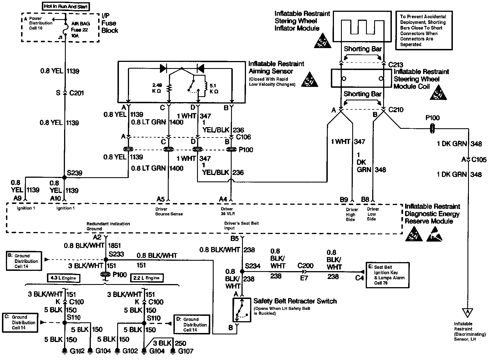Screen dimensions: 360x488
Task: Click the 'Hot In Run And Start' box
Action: coord(66,6)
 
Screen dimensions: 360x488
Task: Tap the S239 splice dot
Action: coord(64,177)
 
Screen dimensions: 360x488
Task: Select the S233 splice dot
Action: coord(106,260)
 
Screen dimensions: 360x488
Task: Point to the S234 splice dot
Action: coord(242,271)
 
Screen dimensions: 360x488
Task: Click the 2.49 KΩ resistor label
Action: coord(158,88)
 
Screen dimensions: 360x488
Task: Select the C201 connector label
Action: coord(76,93)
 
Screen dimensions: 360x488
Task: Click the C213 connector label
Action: coord(396,65)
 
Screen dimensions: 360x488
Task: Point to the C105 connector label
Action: coord(479,160)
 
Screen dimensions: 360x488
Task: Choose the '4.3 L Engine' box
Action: coord(63,278)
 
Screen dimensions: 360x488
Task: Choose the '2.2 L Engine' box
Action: coord(147,278)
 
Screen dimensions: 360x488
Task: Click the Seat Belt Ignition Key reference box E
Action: coord(387,275)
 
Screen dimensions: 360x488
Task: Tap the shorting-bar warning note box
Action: coord(424,31)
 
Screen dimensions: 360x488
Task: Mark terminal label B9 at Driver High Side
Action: coord(344,200)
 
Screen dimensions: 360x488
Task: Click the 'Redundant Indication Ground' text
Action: coord(108,226)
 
